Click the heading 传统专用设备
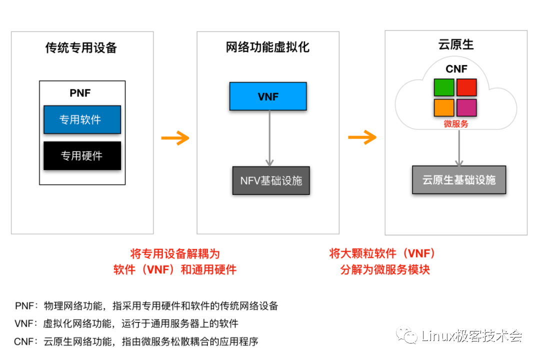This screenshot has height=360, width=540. [81, 48]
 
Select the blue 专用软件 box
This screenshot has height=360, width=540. [82, 119]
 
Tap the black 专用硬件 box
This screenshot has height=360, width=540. [82, 155]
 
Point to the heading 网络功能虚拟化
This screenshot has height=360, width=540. [267, 47]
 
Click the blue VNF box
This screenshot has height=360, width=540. [267, 96]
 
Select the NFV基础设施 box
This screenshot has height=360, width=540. [271, 180]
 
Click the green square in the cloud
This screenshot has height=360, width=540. [443, 87]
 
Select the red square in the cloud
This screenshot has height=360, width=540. [466, 87]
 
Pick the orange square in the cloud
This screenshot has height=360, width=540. [443, 107]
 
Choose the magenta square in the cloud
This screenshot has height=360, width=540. [466, 107]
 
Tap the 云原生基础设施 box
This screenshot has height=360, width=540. [459, 180]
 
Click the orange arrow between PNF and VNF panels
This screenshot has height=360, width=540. [175, 138]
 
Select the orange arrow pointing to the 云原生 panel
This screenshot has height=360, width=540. [362, 137]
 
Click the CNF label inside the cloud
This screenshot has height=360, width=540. [456, 69]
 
